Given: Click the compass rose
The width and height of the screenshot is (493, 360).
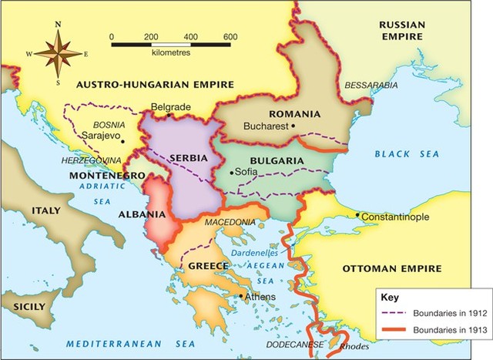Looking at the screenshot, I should [59, 52].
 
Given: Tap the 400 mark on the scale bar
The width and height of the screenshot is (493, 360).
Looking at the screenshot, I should [190, 36].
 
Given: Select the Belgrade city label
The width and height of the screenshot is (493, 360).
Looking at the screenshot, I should [169, 106].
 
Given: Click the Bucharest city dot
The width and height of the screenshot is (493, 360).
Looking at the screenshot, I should [293, 125].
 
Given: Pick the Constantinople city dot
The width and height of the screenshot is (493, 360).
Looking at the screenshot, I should [357, 216].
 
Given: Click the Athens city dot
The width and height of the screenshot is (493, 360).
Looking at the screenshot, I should [242, 296].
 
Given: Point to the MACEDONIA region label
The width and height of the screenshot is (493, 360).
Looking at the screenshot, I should [229, 223].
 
